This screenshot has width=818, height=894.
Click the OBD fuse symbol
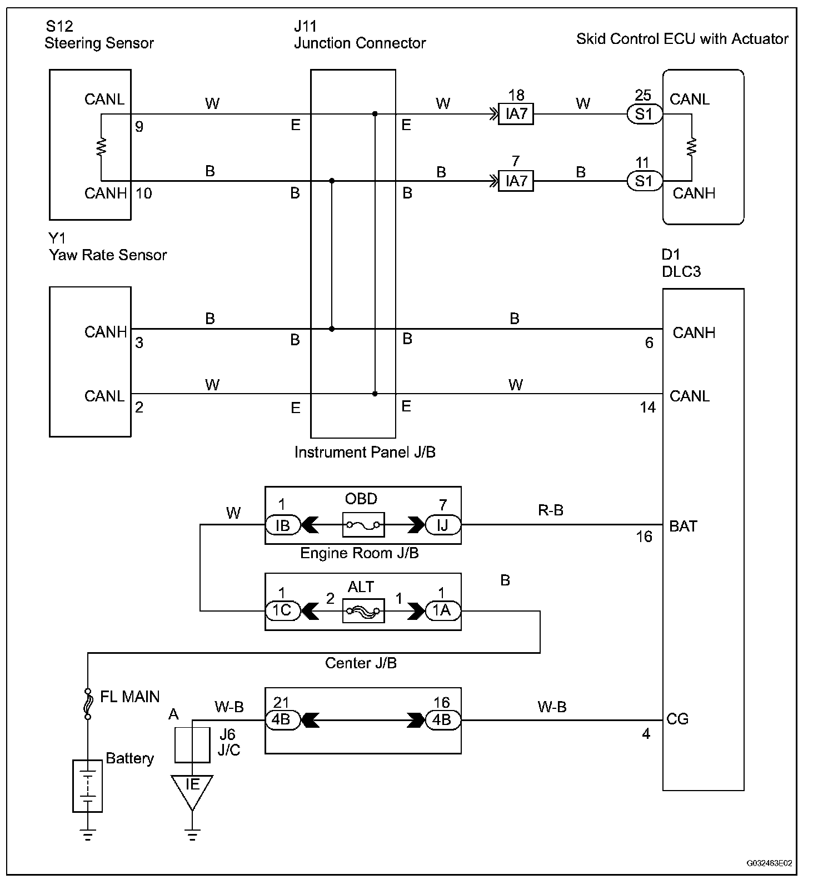(363, 524)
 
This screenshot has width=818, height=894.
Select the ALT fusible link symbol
(363, 610)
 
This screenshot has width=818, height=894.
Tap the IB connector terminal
(282, 525)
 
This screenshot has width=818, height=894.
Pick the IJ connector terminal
(442, 525)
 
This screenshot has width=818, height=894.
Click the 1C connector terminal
(282, 610)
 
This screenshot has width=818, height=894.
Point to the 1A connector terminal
(442, 610)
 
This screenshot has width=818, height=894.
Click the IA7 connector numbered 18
(516, 115)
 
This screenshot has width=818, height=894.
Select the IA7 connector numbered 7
(516, 181)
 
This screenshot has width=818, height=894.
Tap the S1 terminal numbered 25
(644, 115)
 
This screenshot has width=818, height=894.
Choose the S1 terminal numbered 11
(644, 181)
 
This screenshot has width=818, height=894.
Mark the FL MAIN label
(129, 697)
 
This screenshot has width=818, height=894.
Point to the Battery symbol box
(88, 786)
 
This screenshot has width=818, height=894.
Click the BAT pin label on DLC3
(683, 526)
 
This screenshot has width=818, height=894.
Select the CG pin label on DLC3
(677, 719)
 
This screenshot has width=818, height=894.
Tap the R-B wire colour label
(551, 510)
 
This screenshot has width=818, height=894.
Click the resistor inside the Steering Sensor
(102, 147)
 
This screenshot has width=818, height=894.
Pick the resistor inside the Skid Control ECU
(692, 147)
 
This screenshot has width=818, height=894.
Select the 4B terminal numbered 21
(282, 719)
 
